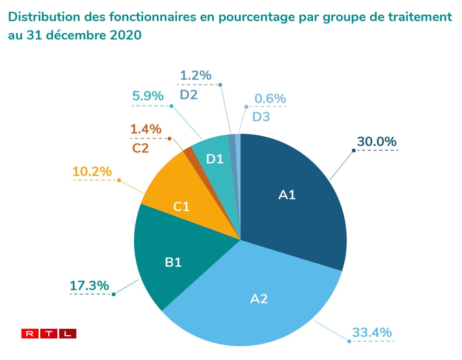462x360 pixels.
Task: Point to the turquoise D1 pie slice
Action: (x=216, y=159)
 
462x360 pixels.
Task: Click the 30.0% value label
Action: (x=376, y=142)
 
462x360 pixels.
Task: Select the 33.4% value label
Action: (x=372, y=332)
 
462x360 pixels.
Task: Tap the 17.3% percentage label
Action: (x=89, y=286)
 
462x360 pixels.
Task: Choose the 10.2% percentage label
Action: (x=92, y=172)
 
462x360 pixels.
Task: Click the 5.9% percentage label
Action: (x=148, y=96)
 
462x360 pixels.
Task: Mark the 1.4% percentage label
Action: (x=146, y=129)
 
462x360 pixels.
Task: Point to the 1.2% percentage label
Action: (x=195, y=76)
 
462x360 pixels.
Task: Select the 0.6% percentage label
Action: (x=270, y=99)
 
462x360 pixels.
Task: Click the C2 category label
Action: (x=140, y=148)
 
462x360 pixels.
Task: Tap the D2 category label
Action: (x=188, y=95)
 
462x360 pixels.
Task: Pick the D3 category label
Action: (x=261, y=117)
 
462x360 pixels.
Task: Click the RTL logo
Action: (x=49, y=334)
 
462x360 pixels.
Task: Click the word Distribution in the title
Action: (x=44, y=17)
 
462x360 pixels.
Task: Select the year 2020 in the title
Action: (x=125, y=35)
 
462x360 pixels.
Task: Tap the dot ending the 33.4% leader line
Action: (x=349, y=341)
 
